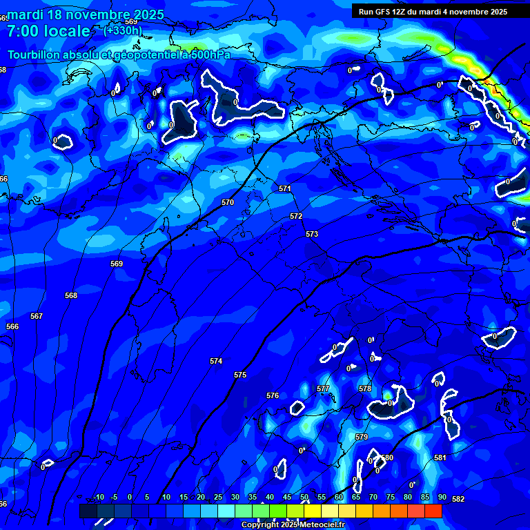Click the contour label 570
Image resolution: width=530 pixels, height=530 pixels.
[228, 202]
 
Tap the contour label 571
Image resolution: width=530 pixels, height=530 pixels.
[285, 188]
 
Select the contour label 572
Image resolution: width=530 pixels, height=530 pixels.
[296, 216]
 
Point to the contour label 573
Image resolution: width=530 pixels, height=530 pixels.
[312, 234]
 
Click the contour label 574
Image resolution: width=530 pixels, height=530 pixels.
[216, 361]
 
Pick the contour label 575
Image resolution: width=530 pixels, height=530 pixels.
[240, 375]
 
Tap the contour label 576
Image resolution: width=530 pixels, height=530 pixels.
[273, 395]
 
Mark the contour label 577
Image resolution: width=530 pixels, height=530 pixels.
[323, 389]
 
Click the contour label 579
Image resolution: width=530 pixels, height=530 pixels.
[362, 437]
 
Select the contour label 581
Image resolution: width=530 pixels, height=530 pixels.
[440, 458]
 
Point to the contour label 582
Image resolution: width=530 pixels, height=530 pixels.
[458, 499]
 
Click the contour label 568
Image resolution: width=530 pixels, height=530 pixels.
[71, 295]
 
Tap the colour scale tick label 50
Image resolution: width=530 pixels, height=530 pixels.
[304, 498]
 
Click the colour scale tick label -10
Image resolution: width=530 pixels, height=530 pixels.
[98, 498]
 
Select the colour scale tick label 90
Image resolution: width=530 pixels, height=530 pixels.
[442, 498]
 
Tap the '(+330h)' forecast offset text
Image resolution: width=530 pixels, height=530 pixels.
[123, 30]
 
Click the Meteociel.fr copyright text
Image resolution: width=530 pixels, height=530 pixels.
[293, 525]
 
